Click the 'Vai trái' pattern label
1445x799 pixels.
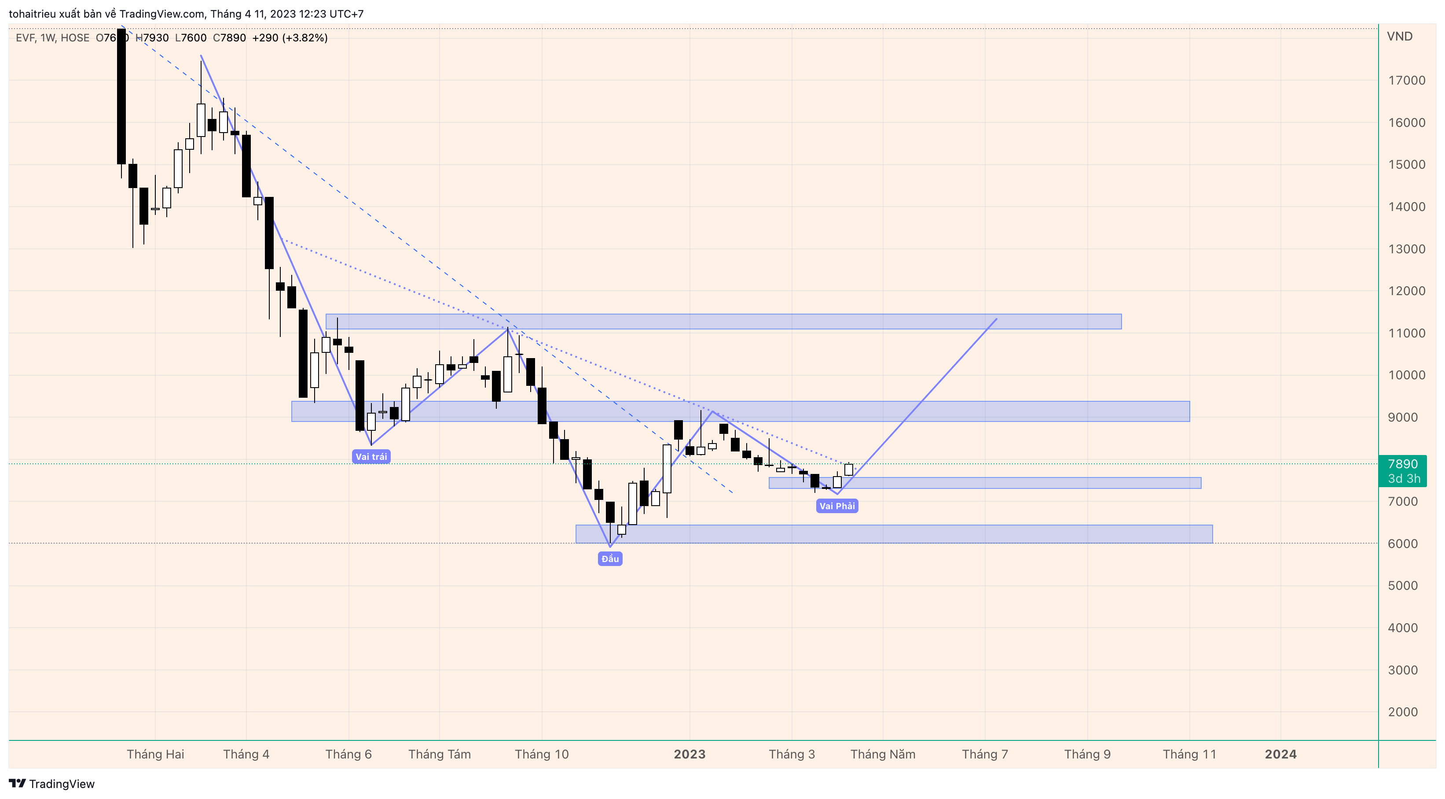tap(371, 456)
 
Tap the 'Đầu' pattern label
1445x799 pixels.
tap(610, 559)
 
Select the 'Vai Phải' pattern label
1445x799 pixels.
tap(837, 506)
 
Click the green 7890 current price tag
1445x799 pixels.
tap(1402, 470)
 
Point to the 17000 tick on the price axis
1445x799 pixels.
tap(1406, 80)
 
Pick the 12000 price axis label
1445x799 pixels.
tap(1406, 291)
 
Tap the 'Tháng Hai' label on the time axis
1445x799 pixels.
tap(155, 754)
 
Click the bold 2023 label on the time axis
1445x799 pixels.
tap(689, 754)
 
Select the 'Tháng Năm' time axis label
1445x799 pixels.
tap(883, 754)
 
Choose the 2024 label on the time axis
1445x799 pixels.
tap(1280, 754)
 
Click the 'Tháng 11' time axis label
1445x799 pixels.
tap(1189, 754)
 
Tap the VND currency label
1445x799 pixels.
tap(1400, 37)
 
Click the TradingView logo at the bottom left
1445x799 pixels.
tap(52, 784)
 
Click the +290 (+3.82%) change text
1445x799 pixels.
tap(290, 37)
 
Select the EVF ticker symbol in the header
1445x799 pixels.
tap(25, 37)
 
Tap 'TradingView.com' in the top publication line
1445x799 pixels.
tap(162, 14)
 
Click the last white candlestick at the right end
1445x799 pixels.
tap(849, 470)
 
